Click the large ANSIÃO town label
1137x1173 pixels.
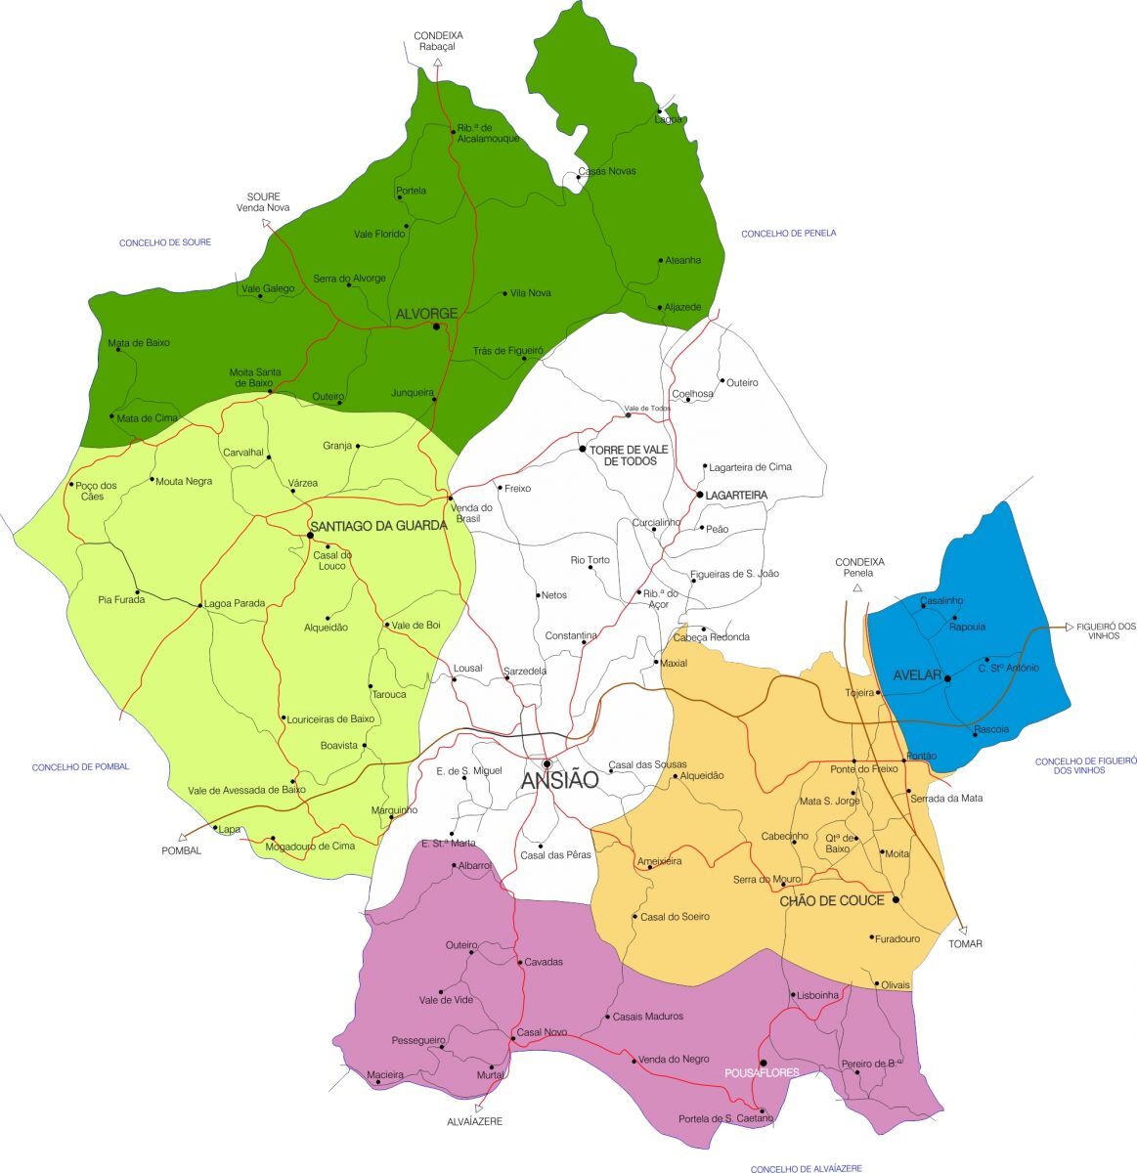coord(558,780)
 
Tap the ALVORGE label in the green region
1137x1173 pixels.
coord(426,313)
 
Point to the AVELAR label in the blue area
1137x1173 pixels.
coord(917,675)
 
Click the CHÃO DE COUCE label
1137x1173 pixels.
coord(832,900)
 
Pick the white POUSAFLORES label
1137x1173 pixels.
coord(762,1072)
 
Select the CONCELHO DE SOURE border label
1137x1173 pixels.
coord(165,242)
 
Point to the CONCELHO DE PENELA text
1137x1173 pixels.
coord(788,234)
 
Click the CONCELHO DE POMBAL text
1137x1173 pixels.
coord(80,767)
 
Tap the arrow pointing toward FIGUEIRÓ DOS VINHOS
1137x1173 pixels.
coord(1069,626)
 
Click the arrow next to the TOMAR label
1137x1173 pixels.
coord(963,930)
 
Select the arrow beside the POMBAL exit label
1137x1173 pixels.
coord(182,837)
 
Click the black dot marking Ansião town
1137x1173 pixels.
coord(547,763)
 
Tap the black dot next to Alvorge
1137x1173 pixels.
coord(436,326)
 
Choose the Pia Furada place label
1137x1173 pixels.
coord(121,599)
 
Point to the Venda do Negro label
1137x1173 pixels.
coord(674,1060)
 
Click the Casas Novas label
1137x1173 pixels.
coord(607,171)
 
